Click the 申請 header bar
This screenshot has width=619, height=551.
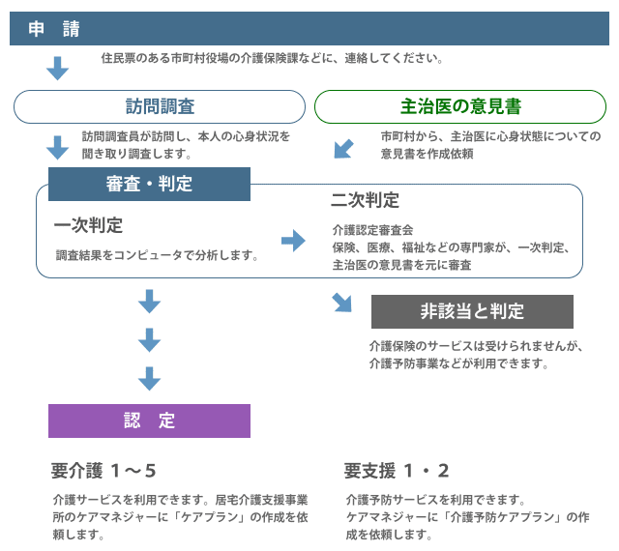pos(309,28)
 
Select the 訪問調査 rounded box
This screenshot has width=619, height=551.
pos(160,106)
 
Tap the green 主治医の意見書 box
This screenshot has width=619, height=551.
pos(460,106)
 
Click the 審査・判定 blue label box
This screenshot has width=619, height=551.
pos(149,184)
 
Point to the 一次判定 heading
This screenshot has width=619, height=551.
pos(88,225)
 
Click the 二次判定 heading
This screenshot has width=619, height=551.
pos(366,200)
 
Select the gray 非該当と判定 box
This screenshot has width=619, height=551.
pos(472,311)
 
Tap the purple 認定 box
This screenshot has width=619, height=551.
pos(149,420)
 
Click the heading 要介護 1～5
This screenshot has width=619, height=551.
pos(103,471)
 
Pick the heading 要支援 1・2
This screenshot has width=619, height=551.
pos(397,471)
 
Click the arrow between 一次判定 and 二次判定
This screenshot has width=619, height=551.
pos(293,241)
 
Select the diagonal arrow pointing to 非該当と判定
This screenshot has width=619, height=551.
pos(341,303)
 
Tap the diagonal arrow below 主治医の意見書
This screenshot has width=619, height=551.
pos(343,149)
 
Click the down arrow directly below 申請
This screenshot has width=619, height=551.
pos(58,69)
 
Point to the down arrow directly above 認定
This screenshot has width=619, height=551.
pos(149,379)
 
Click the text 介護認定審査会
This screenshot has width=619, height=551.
pos(373,230)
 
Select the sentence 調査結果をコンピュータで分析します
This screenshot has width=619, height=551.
pos(157,255)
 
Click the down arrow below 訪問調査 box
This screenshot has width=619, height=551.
pos(58,148)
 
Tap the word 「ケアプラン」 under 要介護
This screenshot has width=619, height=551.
pos(210,517)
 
